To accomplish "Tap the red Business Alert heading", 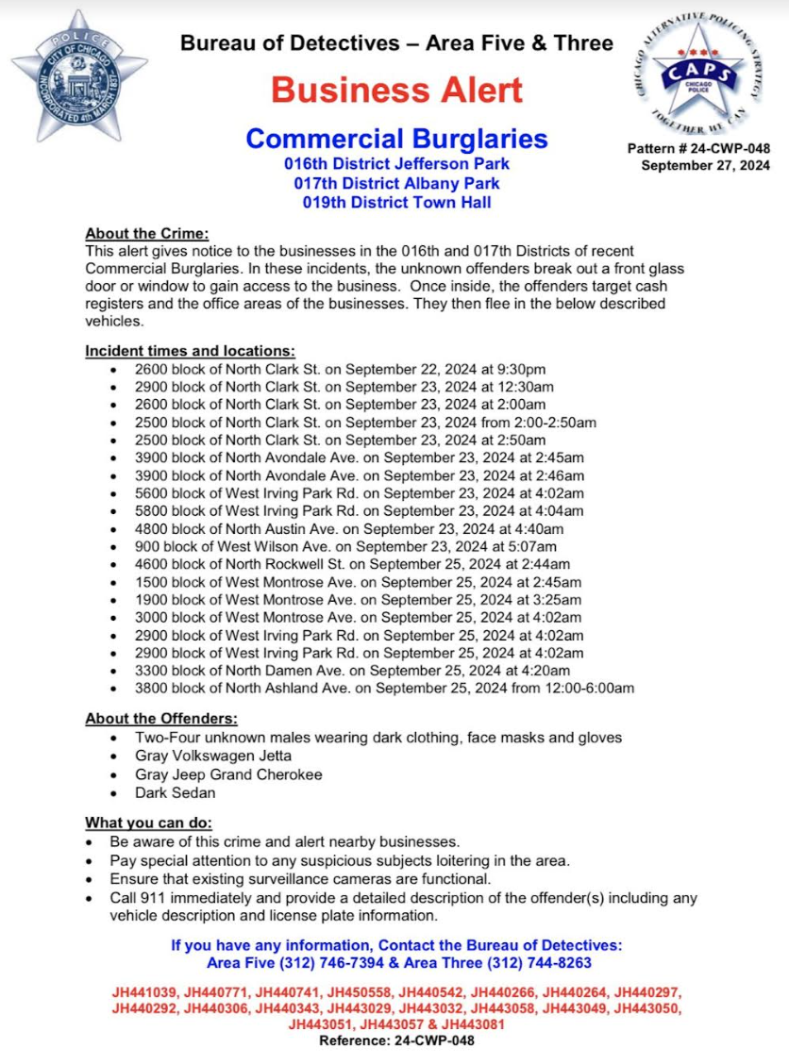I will point(396,91).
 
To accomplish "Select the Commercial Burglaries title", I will point(396,139).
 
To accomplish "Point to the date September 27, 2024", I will point(704,165).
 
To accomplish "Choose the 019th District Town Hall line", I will point(396,202).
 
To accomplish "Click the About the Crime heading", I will point(146,233).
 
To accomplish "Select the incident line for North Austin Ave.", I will point(349,528).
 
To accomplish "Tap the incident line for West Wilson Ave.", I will point(345,546).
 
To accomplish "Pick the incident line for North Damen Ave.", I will point(352,671).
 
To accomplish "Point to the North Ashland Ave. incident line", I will point(384,689).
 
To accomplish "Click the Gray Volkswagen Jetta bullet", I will point(213,756).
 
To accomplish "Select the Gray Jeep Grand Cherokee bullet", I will point(228,774).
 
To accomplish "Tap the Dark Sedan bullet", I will point(175,792).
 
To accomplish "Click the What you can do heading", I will point(148,822).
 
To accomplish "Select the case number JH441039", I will point(143,993).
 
